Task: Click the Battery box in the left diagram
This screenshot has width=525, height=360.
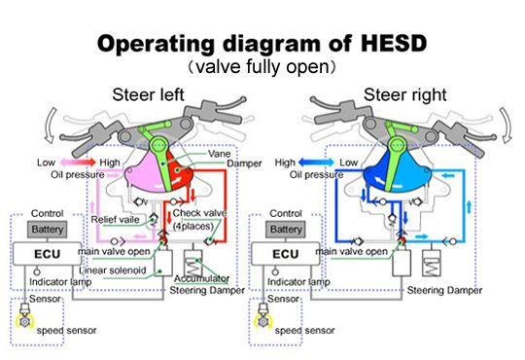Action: pos(48,230)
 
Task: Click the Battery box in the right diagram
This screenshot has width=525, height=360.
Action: pos(286,230)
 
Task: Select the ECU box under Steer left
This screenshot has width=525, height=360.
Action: pos(48,254)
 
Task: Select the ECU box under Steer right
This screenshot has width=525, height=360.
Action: pos(286,254)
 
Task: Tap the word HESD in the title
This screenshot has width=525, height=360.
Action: pos(394,44)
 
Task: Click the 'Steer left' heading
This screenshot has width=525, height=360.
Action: pos(148,94)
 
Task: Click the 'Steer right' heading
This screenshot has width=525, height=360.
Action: pos(404,94)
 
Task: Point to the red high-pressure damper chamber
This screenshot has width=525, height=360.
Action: pos(179,172)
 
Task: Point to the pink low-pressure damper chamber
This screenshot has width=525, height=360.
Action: pos(144,174)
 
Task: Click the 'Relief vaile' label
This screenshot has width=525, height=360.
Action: pos(115,220)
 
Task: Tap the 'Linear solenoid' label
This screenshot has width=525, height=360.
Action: pos(113,270)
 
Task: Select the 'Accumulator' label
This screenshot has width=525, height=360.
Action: pos(201,278)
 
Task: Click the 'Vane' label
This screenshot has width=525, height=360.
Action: pos(220,154)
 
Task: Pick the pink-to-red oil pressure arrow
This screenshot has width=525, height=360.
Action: pos(78,162)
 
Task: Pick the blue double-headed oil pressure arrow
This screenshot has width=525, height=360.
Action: pos(316,162)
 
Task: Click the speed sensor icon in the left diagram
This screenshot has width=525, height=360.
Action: pos(25,317)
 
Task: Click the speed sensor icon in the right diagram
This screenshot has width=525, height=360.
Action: pos(263,317)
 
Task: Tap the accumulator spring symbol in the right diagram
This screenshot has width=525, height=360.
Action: pos(432,263)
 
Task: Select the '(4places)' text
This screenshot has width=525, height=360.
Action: pos(193,227)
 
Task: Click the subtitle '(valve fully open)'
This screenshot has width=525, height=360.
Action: pos(262,67)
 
